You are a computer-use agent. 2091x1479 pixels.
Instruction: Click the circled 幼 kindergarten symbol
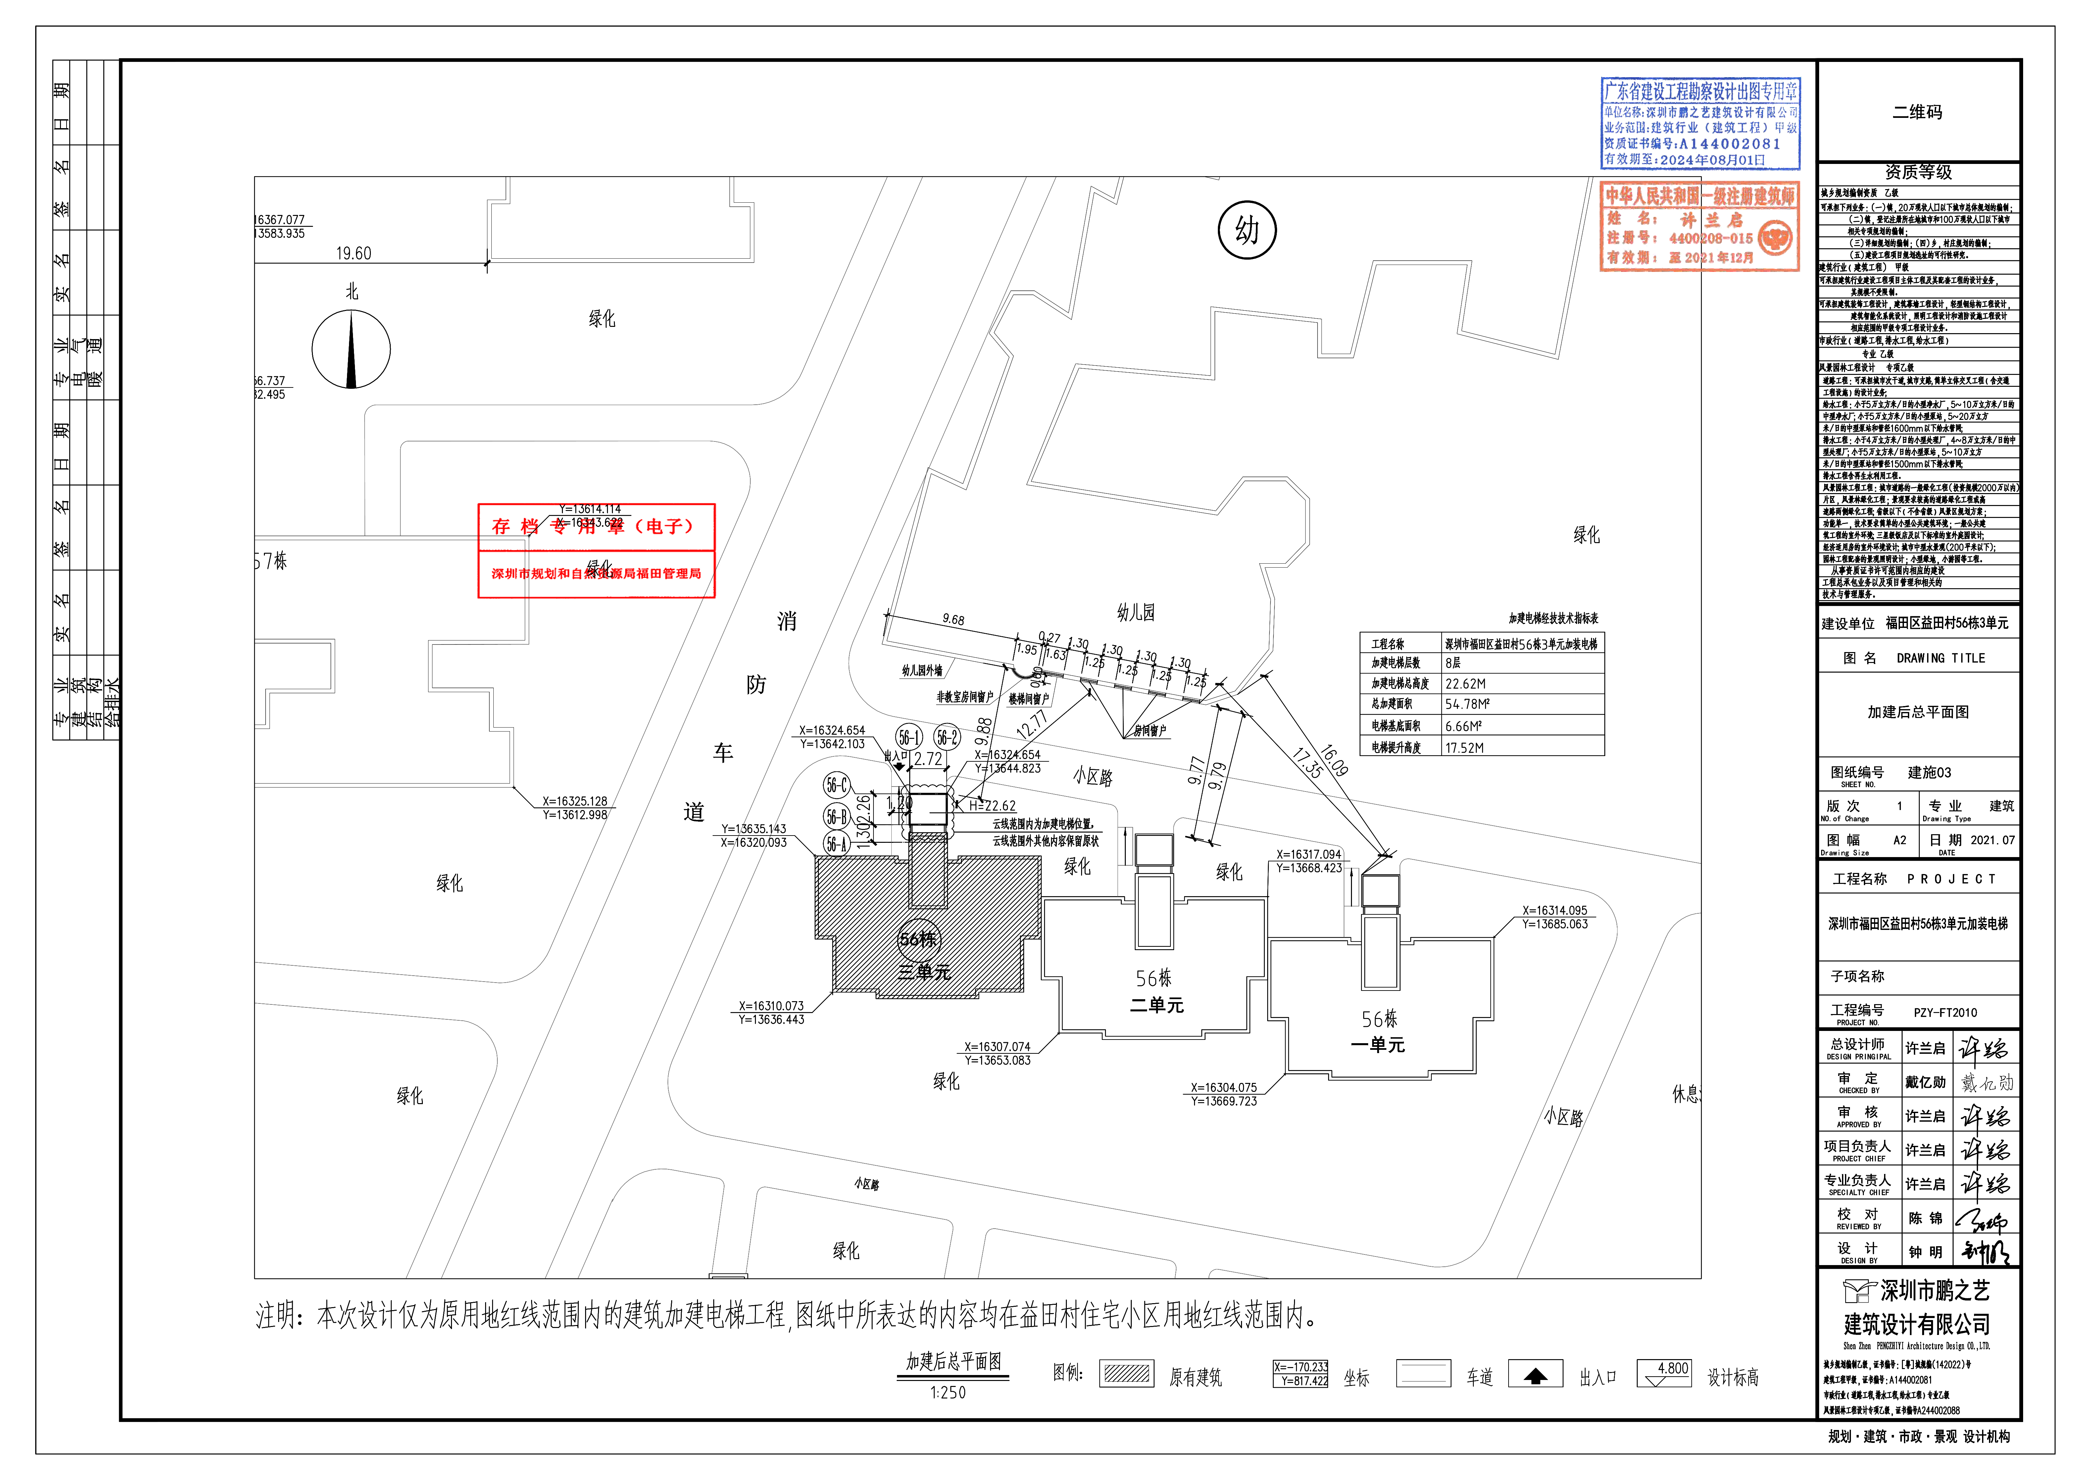[1247, 230]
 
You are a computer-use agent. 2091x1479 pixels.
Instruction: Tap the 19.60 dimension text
[353, 253]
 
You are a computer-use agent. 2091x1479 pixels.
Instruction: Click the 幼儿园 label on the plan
[1136, 613]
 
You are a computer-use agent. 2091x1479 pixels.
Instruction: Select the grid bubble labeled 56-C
[836, 785]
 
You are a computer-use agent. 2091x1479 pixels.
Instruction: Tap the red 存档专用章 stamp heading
[596, 527]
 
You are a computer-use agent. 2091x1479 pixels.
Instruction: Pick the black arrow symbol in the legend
[1535, 1375]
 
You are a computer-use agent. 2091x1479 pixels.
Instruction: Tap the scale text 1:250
[948, 1393]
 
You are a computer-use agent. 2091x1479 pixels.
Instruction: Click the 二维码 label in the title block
[1917, 112]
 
